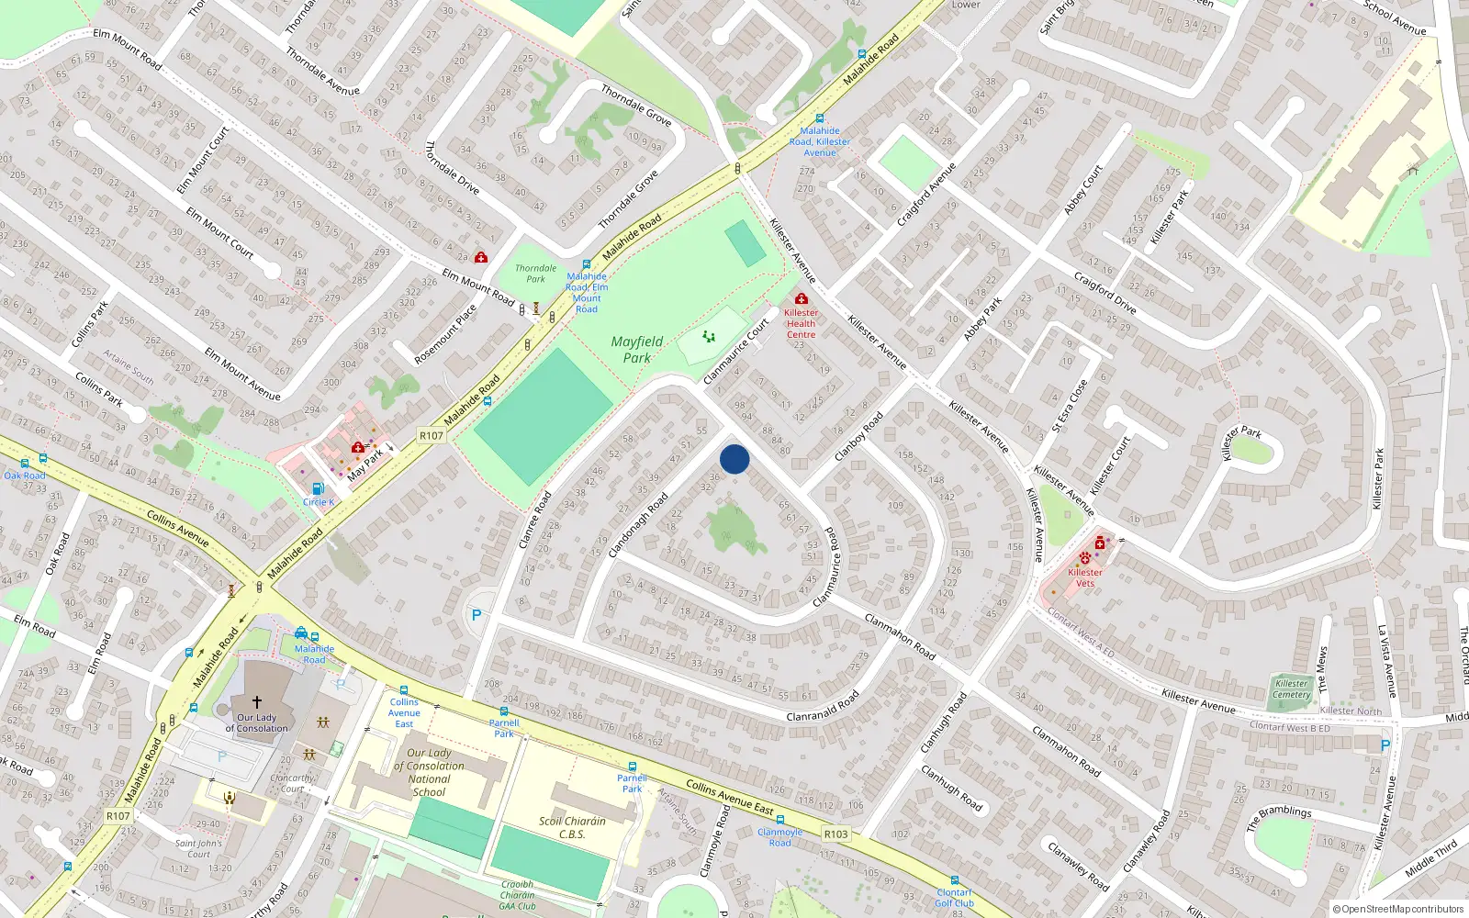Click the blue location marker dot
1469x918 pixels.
click(734, 459)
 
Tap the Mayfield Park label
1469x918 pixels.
click(636, 350)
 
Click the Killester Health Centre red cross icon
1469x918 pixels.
click(801, 299)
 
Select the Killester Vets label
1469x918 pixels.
click(1085, 577)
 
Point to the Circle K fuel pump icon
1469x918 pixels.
click(318, 489)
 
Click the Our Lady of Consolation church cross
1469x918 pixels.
click(257, 701)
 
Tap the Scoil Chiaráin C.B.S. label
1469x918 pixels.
click(572, 827)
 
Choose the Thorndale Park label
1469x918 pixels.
click(535, 274)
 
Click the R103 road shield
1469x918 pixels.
click(835, 834)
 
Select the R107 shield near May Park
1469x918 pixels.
click(431, 435)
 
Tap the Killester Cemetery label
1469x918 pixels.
click(1291, 688)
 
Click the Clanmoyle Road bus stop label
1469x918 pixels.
click(779, 837)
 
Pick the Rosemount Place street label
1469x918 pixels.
click(446, 334)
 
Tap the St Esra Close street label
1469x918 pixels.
click(1070, 406)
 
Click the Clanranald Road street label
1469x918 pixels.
click(823, 705)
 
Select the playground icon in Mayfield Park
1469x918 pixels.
click(708, 337)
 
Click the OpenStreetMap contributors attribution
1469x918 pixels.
click(1397, 909)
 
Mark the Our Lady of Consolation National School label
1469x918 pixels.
click(429, 772)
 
